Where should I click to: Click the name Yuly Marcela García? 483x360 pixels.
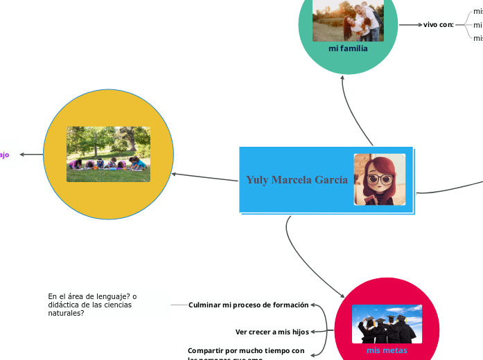297,180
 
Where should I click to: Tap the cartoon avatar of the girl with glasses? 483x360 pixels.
379,179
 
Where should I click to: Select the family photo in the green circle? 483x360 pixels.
348,21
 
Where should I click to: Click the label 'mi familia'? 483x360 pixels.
348,49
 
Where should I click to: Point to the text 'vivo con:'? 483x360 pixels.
439,24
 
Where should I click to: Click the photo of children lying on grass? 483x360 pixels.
108,154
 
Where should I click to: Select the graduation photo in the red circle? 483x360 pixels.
387,324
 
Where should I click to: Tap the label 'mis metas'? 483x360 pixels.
387,350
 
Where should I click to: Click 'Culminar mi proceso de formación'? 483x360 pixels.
248,305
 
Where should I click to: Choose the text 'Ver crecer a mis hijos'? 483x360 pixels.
272,332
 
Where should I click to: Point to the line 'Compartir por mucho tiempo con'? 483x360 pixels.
246,350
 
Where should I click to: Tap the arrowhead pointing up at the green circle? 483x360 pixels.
343,78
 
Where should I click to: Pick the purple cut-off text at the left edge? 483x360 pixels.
4,154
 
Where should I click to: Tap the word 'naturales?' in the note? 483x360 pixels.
66,313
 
